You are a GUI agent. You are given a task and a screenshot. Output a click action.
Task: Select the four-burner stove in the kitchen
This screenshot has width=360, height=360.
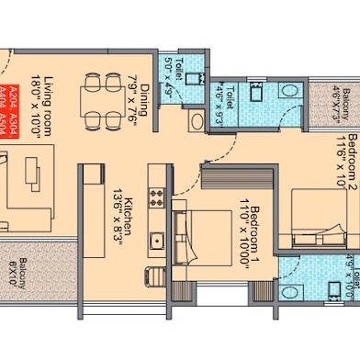coord(156,196)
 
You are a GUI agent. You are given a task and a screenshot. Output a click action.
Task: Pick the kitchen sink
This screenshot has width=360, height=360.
coord(157,241)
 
